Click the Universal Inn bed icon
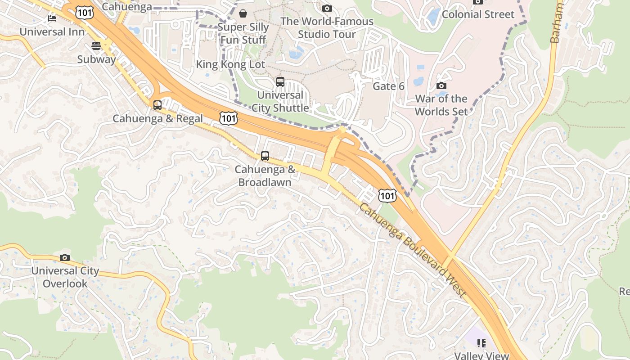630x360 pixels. [x=52, y=18]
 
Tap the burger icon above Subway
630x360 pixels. [x=96, y=45]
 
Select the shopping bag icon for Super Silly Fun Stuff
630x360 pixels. [x=243, y=13]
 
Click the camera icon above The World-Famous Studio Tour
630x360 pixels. [x=327, y=8]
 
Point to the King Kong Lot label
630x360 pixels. [x=230, y=64]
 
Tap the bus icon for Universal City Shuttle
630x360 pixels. [x=280, y=81]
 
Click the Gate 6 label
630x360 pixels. [x=388, y=86]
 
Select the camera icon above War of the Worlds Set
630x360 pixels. [x=441, y=85]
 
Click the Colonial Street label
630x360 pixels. [x=478, y=14]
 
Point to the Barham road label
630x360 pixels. [x=557, y=22]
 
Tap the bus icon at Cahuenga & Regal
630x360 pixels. [x=157, y=105]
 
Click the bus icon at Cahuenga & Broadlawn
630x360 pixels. [x=265, y=156]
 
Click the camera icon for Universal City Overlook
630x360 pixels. [x=65, y=257]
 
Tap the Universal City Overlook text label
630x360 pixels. [x=65, y=277]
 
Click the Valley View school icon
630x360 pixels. [x=481, y=343]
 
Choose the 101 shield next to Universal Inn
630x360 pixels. [x=85, y=12]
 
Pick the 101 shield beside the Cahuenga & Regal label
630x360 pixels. [x=229, y=118]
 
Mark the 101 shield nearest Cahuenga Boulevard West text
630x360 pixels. [x=387, y=195]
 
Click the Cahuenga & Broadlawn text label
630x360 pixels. [x=265, y=176]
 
